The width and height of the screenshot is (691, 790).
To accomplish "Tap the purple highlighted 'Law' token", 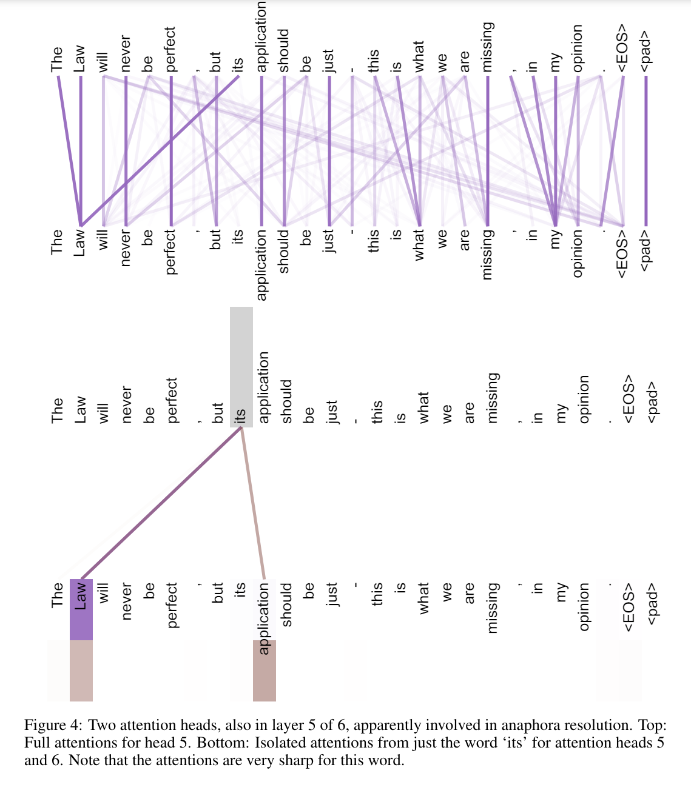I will tap(81, 609).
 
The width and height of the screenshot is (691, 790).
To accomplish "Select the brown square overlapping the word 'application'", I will tap(265, 670).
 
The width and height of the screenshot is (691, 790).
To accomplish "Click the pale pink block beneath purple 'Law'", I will tap(81, 670).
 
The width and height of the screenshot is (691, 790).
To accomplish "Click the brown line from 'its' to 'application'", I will tap(253, 503).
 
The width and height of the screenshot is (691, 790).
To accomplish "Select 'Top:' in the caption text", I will tap(652, 725).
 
